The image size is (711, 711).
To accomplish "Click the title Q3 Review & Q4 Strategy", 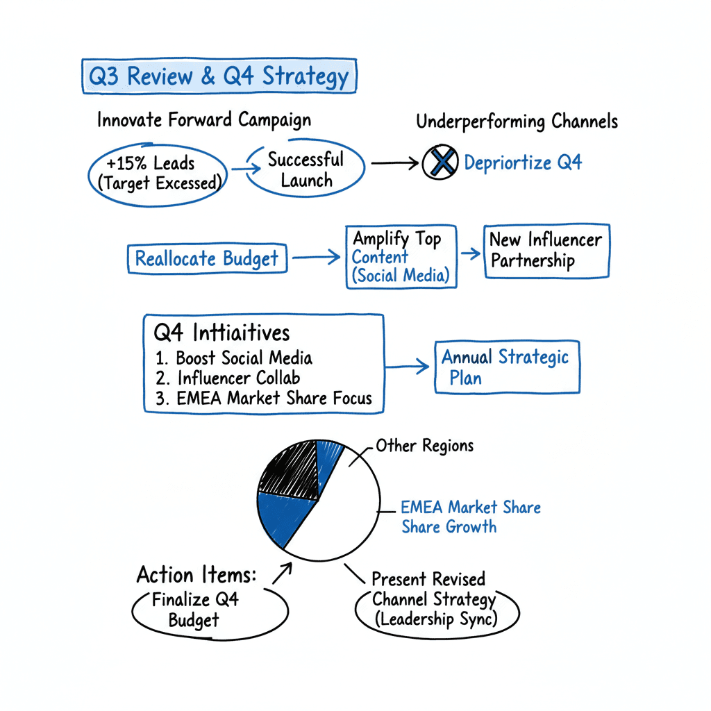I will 219,76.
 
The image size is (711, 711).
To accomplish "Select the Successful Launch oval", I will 306,169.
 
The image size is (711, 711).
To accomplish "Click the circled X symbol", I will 440,163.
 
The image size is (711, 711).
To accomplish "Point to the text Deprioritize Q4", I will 523,163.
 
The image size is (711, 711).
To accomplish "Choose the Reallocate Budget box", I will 206,259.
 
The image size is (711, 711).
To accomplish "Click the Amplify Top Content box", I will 401,256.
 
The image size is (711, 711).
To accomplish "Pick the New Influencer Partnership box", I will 546,251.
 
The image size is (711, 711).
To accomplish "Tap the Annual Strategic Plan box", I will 506,368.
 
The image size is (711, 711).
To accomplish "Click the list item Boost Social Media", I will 235,358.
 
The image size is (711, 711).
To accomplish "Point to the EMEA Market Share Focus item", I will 264,398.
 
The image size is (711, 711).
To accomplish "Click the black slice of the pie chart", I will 288,469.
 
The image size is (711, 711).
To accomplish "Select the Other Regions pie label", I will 425,445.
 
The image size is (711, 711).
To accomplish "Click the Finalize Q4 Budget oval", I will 195,609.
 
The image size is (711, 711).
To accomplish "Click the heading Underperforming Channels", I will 517,122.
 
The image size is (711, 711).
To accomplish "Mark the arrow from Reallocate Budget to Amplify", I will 317,258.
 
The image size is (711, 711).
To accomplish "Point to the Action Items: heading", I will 196,575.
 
